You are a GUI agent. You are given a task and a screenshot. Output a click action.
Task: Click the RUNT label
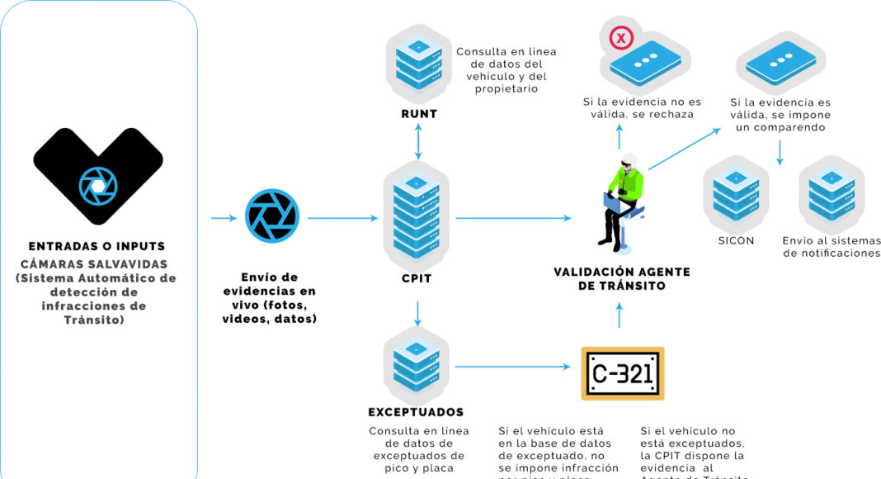(418, 114)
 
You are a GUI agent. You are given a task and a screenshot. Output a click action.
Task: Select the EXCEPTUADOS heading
(416, 412)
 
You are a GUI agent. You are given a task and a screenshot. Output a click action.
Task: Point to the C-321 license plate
(622, 374)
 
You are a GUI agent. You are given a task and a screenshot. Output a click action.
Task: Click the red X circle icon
(620, 38)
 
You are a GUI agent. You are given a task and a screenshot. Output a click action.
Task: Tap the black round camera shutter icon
(271, 216)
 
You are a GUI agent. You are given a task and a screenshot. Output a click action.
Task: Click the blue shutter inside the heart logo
(97, 187)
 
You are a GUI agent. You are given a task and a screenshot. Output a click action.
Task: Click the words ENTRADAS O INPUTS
(97, 246)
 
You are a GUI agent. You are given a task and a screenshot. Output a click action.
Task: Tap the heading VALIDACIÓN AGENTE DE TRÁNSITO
(623, 278)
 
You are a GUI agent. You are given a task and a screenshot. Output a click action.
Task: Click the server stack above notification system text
(831, 196)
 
